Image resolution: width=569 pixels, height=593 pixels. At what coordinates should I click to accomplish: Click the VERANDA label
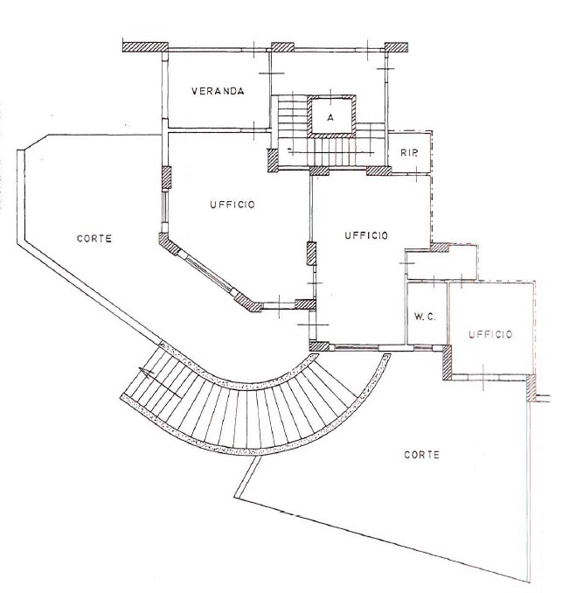(x=218, y=91)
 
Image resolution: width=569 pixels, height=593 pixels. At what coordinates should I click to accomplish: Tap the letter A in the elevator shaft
(x=330, y=117)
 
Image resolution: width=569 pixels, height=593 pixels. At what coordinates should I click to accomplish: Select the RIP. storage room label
(x=409, y=153)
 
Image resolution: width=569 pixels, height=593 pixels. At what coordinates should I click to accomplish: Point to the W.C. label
(x=425, y=317)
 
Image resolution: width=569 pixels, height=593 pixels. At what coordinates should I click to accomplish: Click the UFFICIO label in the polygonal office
(x=232, y=205)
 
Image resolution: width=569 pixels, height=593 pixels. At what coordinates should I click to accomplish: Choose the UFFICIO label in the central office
(x=366, y=235)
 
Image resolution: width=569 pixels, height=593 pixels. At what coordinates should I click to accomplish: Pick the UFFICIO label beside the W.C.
(x=490, y=334)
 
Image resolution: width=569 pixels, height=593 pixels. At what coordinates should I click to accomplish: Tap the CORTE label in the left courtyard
(x=94, y=239)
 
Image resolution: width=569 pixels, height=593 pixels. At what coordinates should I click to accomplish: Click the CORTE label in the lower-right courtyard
(x=422, y=455)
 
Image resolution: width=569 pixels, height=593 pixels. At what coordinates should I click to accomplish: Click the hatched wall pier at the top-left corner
(x=145, y=47)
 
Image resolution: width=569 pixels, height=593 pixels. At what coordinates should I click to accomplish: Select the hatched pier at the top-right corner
(x=396, y=47)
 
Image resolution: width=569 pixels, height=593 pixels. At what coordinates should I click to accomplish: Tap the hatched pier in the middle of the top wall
(x=282, y=47)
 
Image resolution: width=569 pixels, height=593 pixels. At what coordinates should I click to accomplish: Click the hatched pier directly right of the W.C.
(x=447, y=362)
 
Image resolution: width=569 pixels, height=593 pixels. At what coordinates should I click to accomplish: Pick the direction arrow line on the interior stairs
(x=331, y=152)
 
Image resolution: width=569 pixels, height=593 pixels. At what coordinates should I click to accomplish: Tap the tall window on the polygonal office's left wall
(x=164, y=210)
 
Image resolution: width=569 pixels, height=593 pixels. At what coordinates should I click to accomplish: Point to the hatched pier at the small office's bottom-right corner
(x=531, y=388)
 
